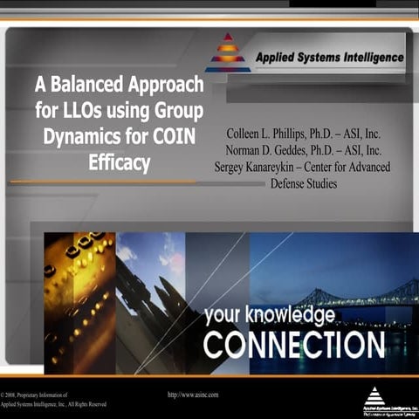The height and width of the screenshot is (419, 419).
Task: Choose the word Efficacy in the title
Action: (x=120, y=162)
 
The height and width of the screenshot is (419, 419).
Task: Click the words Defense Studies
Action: (x=303, y=183)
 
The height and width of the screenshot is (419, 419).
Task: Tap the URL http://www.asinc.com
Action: (x=192, y=395)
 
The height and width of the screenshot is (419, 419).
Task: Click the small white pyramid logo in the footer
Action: (x=374, y=395)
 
